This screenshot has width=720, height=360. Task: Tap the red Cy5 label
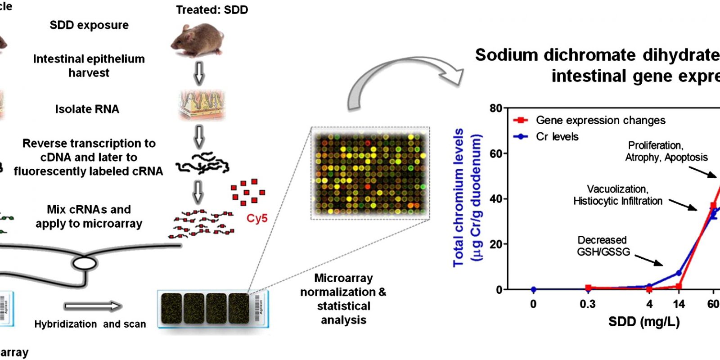tap(256, 219)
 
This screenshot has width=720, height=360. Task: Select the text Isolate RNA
tap(87, 109)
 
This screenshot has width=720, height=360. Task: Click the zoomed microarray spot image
tap(370, 173)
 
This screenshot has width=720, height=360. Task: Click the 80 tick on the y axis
tap(496, 108)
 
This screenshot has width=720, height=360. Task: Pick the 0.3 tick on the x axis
tap(587, 304)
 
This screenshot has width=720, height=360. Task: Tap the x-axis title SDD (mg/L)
tap(644, 322)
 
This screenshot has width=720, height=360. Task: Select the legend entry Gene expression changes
tap(600, 121)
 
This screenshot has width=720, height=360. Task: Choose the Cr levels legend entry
tap(557, 137)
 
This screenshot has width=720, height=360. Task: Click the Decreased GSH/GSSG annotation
tap(603, 246)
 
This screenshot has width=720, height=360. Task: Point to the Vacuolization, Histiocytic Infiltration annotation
tap(617, 195)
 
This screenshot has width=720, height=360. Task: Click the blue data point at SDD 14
tap(679, 273)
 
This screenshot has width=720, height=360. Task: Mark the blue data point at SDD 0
tap(533, 289)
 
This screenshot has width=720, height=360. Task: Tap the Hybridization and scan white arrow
tap(93, 307)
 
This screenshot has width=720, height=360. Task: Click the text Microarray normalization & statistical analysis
tap(343, 299)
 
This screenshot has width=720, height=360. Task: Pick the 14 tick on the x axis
tap(679, 304)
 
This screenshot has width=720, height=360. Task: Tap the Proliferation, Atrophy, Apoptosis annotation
tap(666, 151)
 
